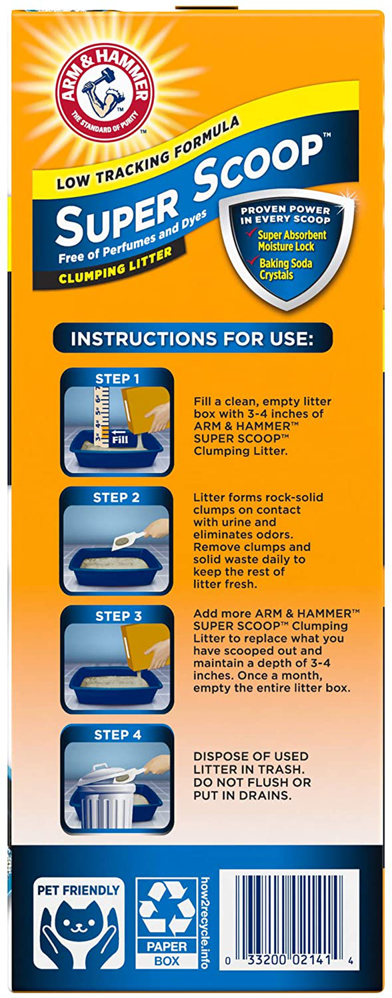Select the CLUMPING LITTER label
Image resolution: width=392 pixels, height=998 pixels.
[115, 266]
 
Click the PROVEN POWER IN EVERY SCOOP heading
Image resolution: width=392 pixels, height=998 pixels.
[285, 214]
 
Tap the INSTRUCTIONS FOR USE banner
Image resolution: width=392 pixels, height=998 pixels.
[192, 338]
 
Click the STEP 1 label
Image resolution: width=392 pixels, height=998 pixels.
[117, 378]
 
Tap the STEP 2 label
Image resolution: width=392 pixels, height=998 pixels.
[117, 497]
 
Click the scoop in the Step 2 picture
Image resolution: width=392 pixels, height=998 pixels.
[129, 539]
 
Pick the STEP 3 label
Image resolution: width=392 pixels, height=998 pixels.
[118, 616]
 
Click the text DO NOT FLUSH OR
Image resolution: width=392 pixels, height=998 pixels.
[252, 782]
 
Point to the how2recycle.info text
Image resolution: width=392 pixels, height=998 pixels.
[205, 923]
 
